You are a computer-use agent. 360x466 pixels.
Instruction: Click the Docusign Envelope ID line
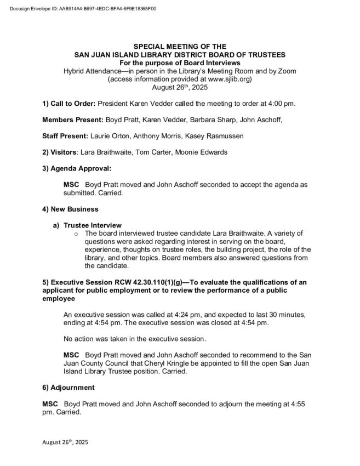point(83,9)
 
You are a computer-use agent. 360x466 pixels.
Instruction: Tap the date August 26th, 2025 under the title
point(180,87)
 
